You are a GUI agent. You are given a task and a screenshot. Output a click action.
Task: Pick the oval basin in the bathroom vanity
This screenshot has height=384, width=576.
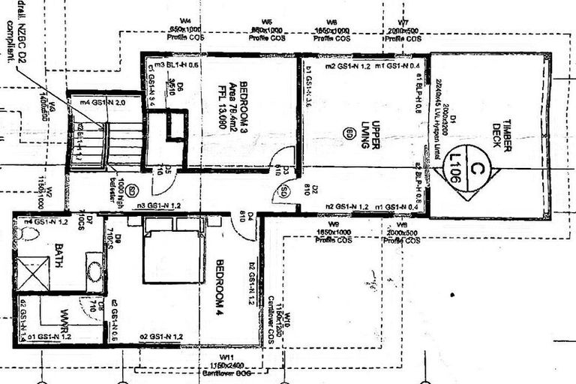tap(94, 271)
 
